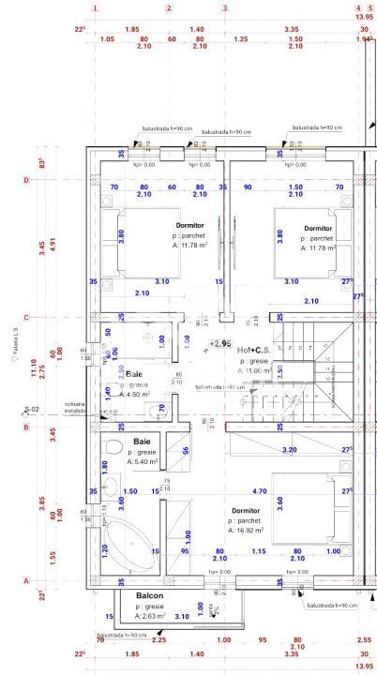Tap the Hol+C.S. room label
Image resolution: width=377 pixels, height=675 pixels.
[255, 350]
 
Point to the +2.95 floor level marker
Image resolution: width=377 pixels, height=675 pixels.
[220, 343]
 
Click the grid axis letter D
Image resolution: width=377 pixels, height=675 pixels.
[26, 180]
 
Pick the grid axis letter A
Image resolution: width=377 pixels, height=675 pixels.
[26, 580]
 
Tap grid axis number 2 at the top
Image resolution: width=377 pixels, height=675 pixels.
[169, 8]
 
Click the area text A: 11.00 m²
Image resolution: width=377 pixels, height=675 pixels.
[255, 371]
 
